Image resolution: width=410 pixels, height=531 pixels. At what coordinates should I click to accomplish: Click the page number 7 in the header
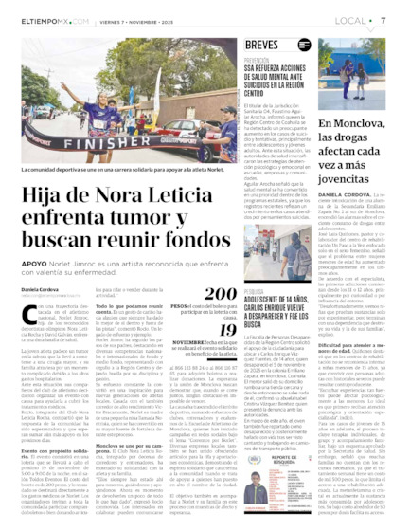[x=397, y=18]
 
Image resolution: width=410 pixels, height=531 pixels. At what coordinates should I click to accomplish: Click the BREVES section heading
[x=261, y=45]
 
